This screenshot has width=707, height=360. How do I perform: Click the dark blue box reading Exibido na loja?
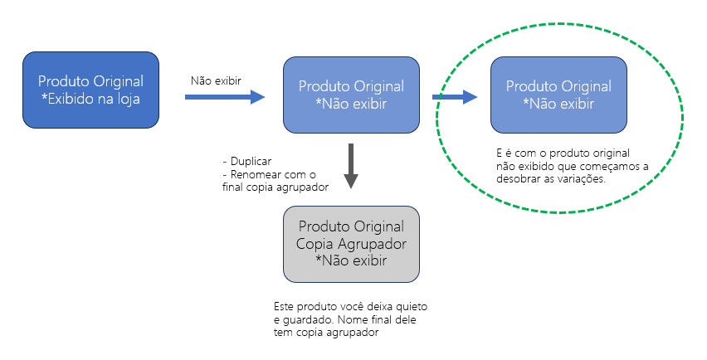[90, 90]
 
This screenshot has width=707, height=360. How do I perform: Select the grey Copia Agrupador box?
[351, 244]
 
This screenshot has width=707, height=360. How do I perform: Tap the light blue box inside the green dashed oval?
[558, 95]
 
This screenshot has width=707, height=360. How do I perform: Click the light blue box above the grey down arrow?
[351, 95]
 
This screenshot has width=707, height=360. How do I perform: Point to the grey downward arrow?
[351, 166]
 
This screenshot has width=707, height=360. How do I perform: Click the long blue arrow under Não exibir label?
[225, 97]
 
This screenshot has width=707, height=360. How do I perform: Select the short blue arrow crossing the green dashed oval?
[455, 97]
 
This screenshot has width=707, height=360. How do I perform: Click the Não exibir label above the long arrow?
[216, 81]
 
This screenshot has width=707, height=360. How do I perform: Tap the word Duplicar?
[251, 161]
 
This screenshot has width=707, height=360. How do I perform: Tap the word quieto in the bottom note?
[412, 307]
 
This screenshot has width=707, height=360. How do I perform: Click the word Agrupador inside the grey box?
[372, 244]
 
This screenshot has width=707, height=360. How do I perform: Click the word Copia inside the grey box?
[314, 244]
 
